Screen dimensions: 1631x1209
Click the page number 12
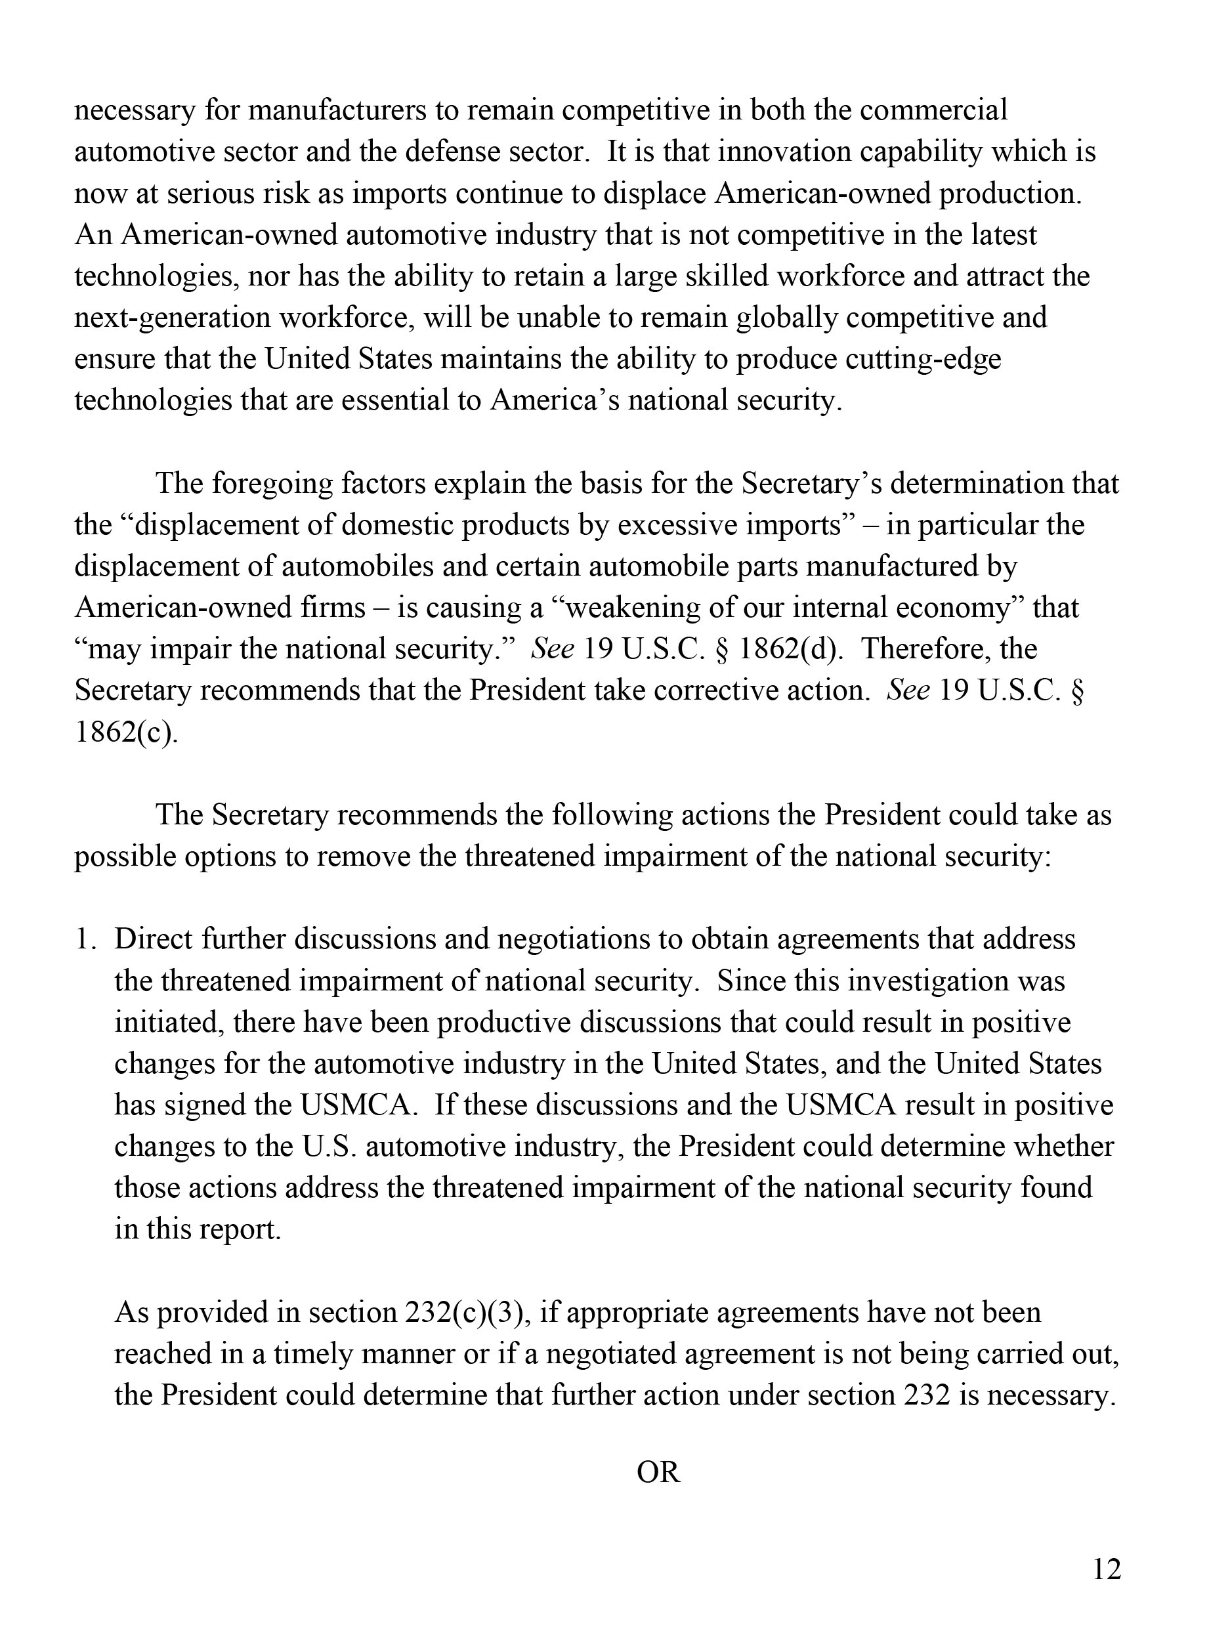click(x=1107, y=1569)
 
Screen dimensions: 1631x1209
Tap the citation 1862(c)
click(x=126, y=732)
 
